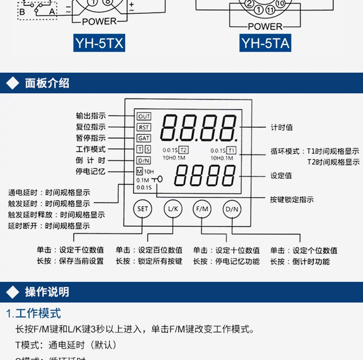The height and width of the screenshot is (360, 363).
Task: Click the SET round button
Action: [x=143, y=209]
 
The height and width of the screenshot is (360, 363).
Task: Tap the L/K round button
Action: [x=173, y=209]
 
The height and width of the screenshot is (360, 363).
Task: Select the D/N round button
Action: [x=232, y=209]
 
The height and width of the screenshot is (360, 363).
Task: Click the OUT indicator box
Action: [x=144, y=116]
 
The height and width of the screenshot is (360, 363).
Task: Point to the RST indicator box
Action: [x=144, y=127]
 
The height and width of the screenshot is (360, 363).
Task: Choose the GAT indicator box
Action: [x=144, y=138]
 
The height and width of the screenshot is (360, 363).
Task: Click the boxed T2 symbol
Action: [x=184, y=150]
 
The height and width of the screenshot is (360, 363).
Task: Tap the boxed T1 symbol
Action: [x=232, y=150]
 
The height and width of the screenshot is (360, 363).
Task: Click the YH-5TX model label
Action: [x=100, y=43]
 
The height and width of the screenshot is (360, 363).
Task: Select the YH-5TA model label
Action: [x=266, y=43]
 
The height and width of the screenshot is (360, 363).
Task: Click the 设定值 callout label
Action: [x=282, y=176]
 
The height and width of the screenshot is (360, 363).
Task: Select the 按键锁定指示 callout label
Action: [x=292, y=200]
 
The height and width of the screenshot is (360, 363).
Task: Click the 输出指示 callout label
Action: [x=91, y=116]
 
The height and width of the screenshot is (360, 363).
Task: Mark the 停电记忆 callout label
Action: [x=91, y=171]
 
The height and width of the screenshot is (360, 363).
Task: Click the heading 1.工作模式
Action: [x=34, y=314]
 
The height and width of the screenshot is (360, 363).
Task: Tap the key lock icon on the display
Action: [x=158, y=179]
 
